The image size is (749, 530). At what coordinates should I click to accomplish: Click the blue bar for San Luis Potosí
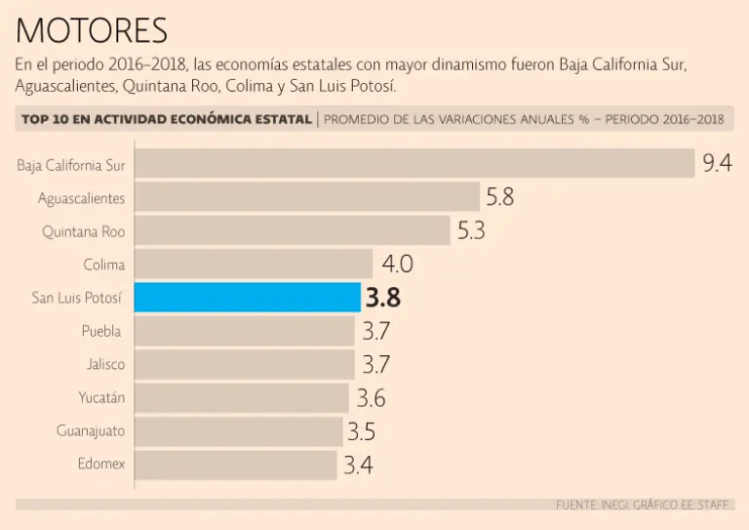click(247, 298)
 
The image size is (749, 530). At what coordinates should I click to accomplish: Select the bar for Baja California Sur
click(414, 164)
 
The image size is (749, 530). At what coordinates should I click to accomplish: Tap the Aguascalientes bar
click(306, 197)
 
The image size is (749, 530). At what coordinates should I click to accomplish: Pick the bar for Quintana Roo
click(292, 231)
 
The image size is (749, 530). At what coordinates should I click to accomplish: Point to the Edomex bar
click(235, 464)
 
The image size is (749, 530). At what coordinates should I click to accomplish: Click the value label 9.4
click(717, 163)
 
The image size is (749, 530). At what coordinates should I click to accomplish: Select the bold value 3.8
click(382, 298)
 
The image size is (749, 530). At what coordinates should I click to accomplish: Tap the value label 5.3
click(471, 231)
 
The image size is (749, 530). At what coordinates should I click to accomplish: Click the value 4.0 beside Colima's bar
click(397, 264)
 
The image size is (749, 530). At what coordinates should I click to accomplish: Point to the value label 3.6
click(371, 398)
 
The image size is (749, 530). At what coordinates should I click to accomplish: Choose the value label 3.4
click(358, 465)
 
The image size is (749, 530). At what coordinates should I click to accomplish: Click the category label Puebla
click(102, 331)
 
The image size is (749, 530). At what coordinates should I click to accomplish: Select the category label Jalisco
click(105, 364)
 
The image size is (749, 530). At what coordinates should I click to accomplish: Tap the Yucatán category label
click(101, 397)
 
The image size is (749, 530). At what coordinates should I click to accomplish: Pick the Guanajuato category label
click(91, 430)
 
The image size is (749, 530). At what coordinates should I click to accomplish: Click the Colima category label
click(104, 264)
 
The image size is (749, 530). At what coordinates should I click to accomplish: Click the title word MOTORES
click(92, 31)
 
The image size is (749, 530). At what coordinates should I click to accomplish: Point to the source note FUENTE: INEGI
click(591, 505)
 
